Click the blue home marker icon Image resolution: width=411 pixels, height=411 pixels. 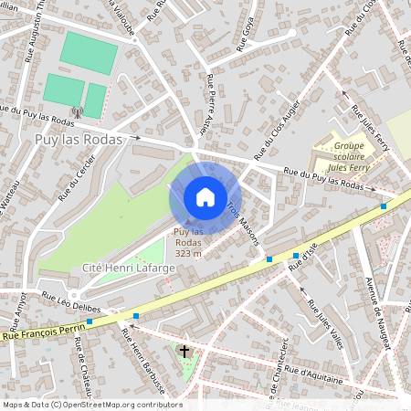click(x=205, y=197)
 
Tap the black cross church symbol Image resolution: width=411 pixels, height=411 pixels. click(x=184, y=352)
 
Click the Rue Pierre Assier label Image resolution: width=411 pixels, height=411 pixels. click(x=216, y=103)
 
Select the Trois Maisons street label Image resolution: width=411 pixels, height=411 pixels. click(x=244, y=223)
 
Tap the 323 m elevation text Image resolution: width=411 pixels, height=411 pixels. click(x=187, y=253)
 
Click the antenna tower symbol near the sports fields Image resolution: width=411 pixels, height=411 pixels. click(x=76, y=112)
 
